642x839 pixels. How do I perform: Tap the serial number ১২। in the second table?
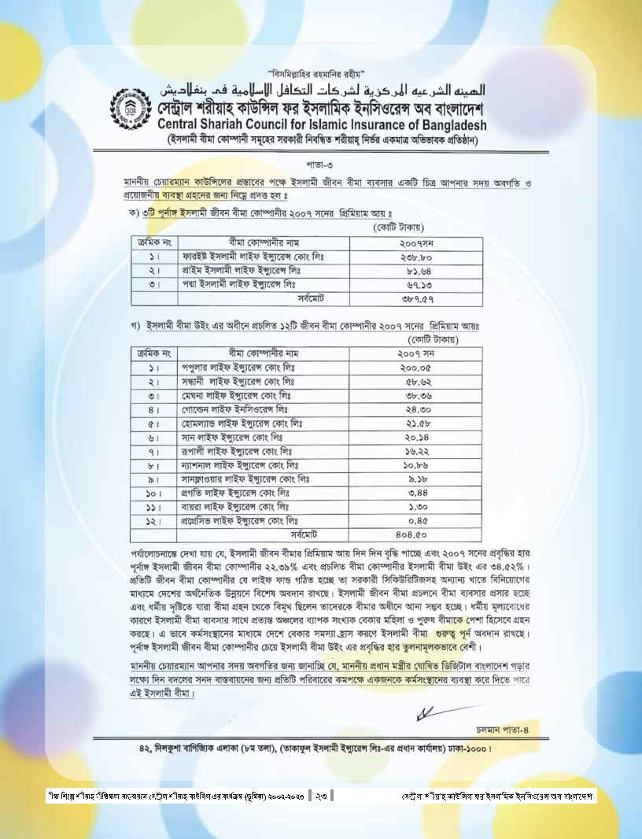point(153,521)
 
